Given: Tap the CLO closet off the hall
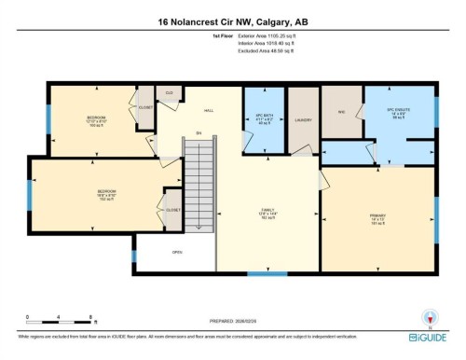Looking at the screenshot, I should pyautogui.click(x=170, y=93).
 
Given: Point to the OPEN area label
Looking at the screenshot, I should pyautogui.click(x=177, y=252).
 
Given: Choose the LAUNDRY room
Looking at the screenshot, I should pyautogui.click(x=301, y=119).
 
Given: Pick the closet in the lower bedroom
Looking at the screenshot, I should pyautogui.click(x=172, y=211).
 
